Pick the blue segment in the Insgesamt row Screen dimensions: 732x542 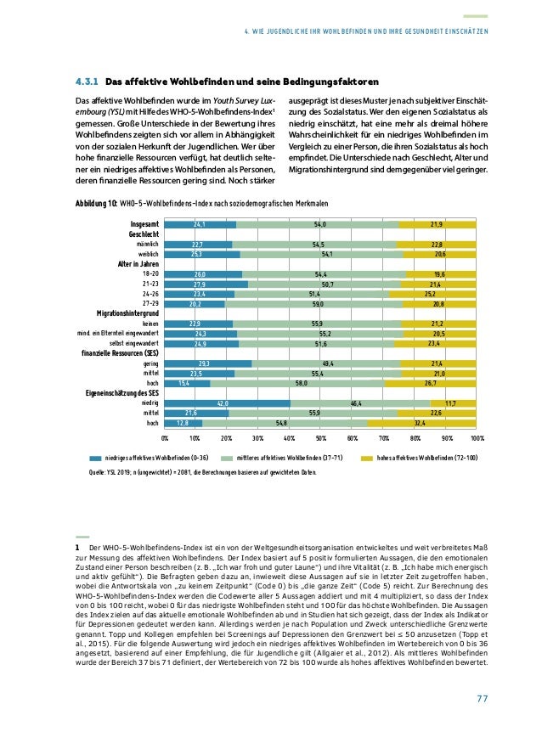click(x=200, y=224)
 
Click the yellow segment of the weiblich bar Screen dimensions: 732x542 click(x=440, y=254)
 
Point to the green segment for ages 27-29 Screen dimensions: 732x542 click(x=317, y=303)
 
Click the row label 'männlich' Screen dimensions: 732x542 click(x=148, y=245)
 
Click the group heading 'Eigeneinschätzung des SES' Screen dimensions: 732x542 click(x=121, y=393)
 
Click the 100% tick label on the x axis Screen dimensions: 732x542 click(x=476, y=440)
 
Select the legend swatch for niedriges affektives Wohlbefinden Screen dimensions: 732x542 click(x=95, y=457)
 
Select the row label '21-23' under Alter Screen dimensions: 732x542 click(x=150, y=284)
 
